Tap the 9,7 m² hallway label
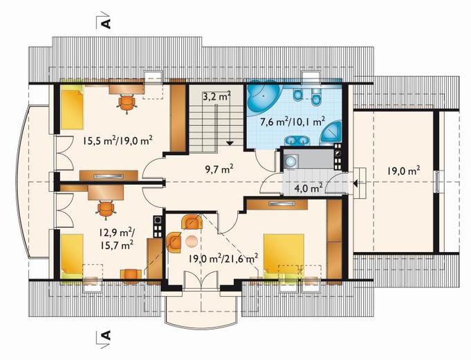(x=219, y=170)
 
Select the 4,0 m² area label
(x=308, y=188)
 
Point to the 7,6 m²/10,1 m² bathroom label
(x=293, y=122)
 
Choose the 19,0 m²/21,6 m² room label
(x=223, y=258)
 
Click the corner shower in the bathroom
(x=331, y=134)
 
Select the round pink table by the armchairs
(x=192, y=241)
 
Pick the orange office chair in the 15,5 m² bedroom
(x=127, y=103)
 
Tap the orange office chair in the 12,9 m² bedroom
(x=105, y=208)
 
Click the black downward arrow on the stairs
(x=230, y=143)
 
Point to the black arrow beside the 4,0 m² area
(x=355, y=183)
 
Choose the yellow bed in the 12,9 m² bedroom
(x=72, y=255)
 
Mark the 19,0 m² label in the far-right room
(x=403, y=171)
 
